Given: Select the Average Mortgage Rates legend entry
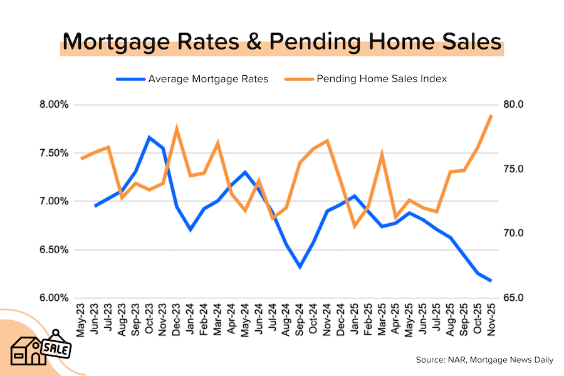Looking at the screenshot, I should [x=207, y=79].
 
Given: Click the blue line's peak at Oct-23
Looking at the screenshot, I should [x=150, y=137].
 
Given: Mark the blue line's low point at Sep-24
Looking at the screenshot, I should [x=300, y=267].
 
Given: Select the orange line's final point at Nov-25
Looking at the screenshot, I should [x=491, y=115].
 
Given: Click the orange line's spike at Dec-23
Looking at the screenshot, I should [x=177, y=128].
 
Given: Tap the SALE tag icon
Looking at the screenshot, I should [x=57, y=345].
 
